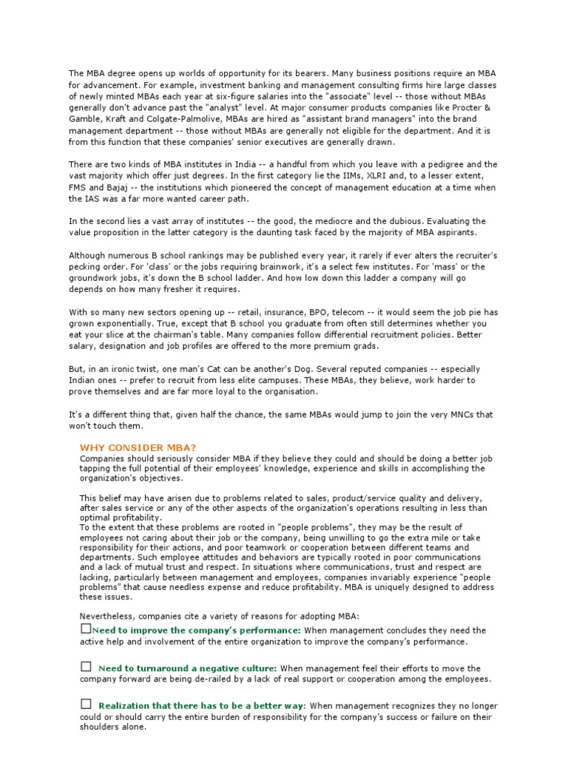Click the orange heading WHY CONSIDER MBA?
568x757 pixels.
(138, 448)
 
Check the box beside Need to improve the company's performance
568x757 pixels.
(85, 628)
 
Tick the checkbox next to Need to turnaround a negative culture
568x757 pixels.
(85, 667)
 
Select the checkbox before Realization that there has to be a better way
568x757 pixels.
(85, 704)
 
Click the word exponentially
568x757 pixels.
(107, 323)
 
